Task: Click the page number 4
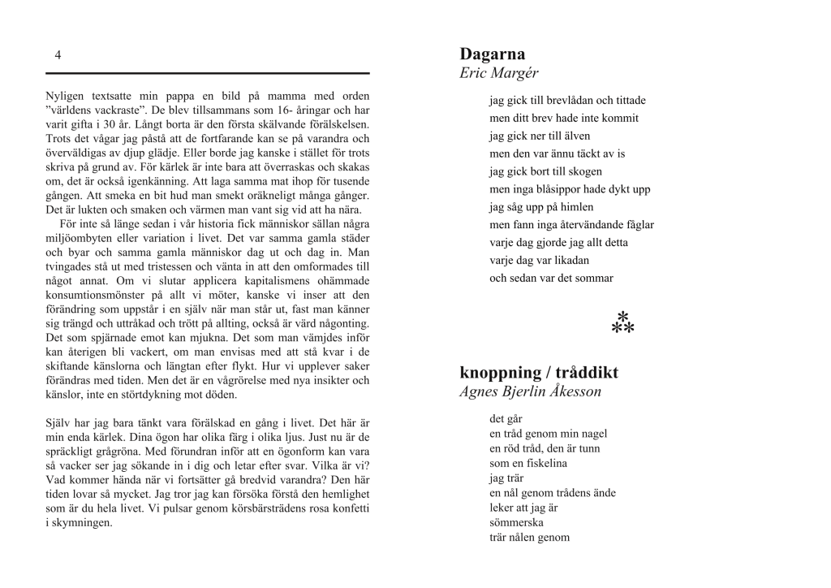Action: pos(58,55)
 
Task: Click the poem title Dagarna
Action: pos(492,54)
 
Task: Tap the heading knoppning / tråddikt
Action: pos(539,373)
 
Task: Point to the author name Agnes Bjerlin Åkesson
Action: pos(531,392)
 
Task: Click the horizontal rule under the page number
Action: pos(207,73)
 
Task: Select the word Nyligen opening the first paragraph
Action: pos(63,95)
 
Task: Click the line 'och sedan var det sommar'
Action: pos(551,278)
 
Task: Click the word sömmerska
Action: pos(516,522)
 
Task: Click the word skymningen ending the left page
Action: pos(82,523)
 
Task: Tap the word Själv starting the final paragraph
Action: pos(58,423)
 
